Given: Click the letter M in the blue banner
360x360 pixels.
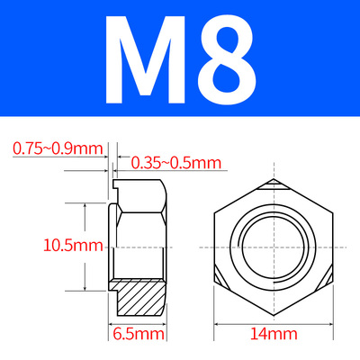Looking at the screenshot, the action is pyautogui.click(x=145, y=59).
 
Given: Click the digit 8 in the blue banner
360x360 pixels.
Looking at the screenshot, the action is pyautogui.click(x=227, y=59).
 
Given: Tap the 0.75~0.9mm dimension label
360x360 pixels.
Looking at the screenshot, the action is pyautogui.click(x=58, y=148).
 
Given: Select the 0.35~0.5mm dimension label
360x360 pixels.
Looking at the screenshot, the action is pyautogui.click(x=176, y=163).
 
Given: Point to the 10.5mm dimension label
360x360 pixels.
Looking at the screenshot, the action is pyautogui.click(x=74, y=245).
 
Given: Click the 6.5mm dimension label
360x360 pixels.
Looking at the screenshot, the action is pyautogui.click(x=139, y=334).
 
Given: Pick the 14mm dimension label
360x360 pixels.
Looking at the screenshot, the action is pyautogui.click(x=274, y=334).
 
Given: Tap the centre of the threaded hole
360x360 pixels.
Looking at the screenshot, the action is pyautogui.click(x=274, y=247).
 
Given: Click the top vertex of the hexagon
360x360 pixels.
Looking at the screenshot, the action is pyautogui.click(x=274, y=179).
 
